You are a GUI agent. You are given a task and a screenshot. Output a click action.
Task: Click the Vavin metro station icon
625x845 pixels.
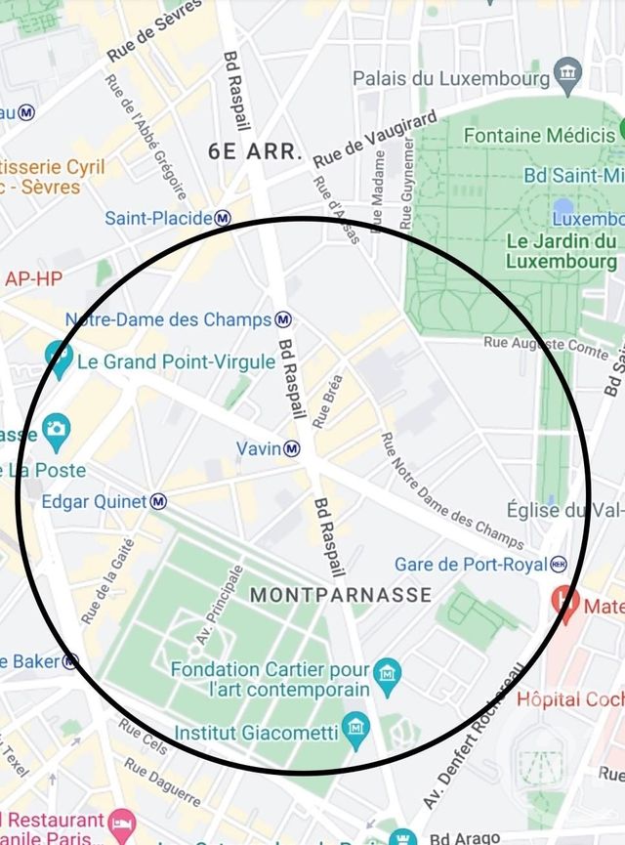[x=292, y=448]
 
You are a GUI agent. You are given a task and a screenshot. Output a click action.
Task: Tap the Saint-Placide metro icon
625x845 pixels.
[x=224, y=218]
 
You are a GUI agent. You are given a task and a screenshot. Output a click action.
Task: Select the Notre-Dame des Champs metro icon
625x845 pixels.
[x=283, y=319]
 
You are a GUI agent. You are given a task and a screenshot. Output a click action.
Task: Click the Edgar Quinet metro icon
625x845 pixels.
[x=158, y=502]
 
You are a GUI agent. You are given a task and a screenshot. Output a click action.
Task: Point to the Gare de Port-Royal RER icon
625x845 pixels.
[x=559, y=565]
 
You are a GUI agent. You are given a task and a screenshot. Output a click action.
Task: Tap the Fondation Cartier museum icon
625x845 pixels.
[x=388, y=675]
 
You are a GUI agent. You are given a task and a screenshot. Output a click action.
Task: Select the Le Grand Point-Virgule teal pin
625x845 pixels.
[x=59, y=360]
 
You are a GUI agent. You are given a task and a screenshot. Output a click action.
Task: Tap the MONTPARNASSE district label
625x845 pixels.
[x=341, y=595]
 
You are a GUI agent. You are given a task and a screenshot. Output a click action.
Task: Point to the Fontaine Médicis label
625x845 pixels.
[x=538, y=135]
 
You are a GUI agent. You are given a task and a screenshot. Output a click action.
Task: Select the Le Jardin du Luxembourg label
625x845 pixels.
[x=562, y=251]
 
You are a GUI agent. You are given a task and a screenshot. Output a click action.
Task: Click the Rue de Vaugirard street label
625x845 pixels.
[x=375, y=139]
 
